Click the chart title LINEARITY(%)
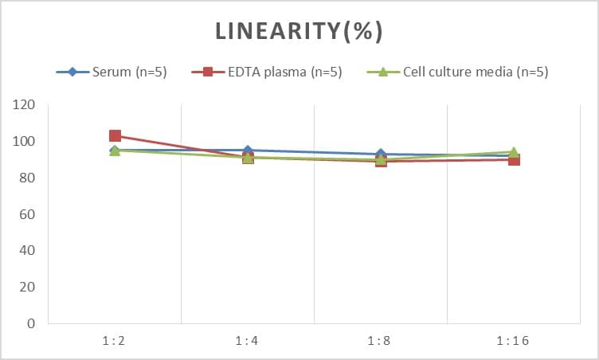[x=299, y=31]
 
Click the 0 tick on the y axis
[x=31, y=323]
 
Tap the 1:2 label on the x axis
[x=114, y=341]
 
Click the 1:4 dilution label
[x=247, y=341]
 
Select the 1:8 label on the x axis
[x=380, y=341]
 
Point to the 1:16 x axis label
[x=513, y=341]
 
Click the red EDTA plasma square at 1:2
[x=115, y=136]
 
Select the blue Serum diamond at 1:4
[x=248, y=151]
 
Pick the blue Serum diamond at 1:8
[x=381, y=155]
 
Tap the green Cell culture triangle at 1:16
[x=514, y=151]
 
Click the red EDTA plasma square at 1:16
[x=514, y=160]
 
